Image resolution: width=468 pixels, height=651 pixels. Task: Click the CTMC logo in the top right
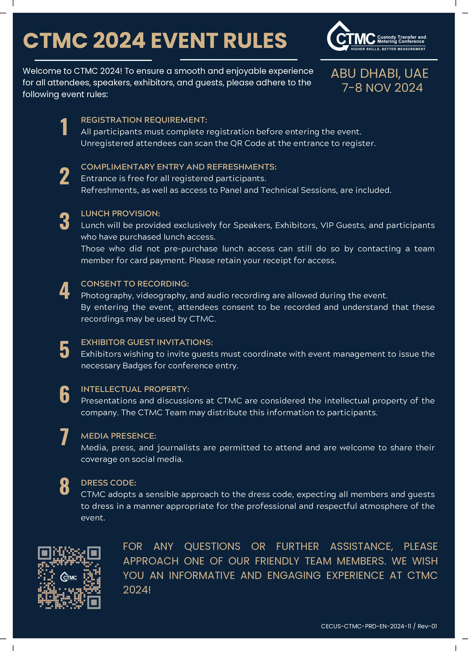click(376, 37)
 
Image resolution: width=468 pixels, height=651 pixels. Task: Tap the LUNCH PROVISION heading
click(120, 214)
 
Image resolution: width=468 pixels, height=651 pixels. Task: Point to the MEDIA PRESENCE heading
click(118, 436)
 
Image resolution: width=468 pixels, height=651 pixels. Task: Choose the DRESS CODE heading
click(108, 483)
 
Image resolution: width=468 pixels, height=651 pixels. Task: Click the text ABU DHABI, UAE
click(380, 73)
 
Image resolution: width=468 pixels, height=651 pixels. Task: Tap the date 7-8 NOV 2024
click(382, 88)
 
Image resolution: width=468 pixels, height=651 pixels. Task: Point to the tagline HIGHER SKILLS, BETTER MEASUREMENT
click(388, 49)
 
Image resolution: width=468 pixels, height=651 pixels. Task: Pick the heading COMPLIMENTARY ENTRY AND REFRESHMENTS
click(178, 167)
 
